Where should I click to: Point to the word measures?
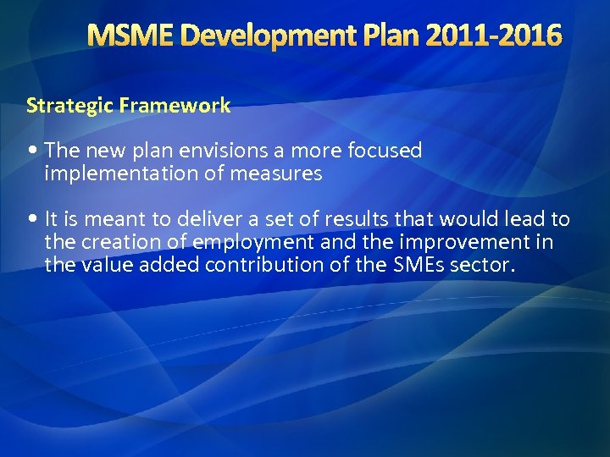[x=280, y=173]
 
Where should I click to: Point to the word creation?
[x=119, y=242]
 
